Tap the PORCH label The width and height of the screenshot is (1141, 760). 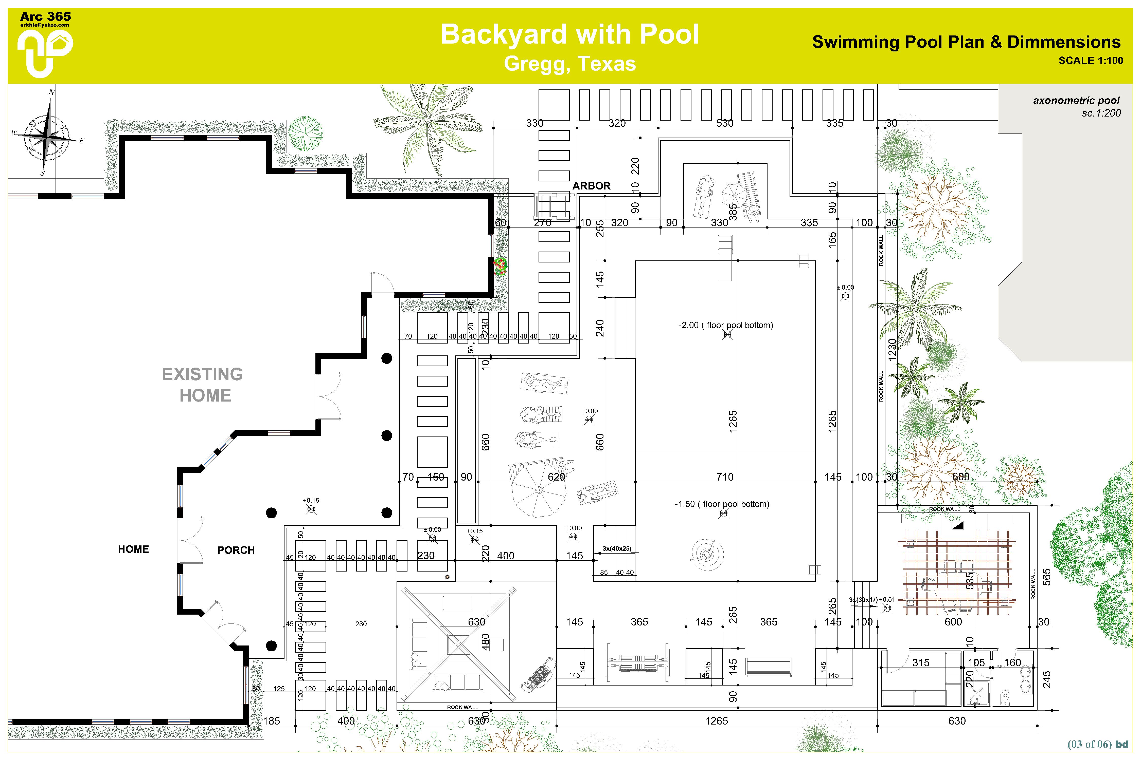coord(236,550)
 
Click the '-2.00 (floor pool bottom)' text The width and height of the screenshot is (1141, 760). coord(725,325)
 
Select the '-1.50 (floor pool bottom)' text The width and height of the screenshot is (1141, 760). coord(721,504)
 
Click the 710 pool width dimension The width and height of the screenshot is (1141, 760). coord(725,477)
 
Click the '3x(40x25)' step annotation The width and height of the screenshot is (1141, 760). coord(617,549)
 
